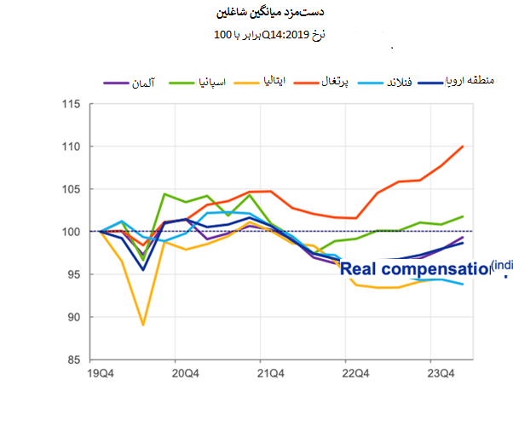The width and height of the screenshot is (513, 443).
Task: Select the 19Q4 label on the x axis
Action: (101, 373)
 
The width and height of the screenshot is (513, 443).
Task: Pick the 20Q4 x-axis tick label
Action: (186, 373)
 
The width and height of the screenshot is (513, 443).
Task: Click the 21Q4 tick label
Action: (270, 373)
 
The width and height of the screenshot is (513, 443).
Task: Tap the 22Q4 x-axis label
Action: (354, 373)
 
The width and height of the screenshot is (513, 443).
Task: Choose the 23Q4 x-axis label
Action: (439, 373)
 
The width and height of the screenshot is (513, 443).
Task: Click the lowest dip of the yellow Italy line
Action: (143, 325)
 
